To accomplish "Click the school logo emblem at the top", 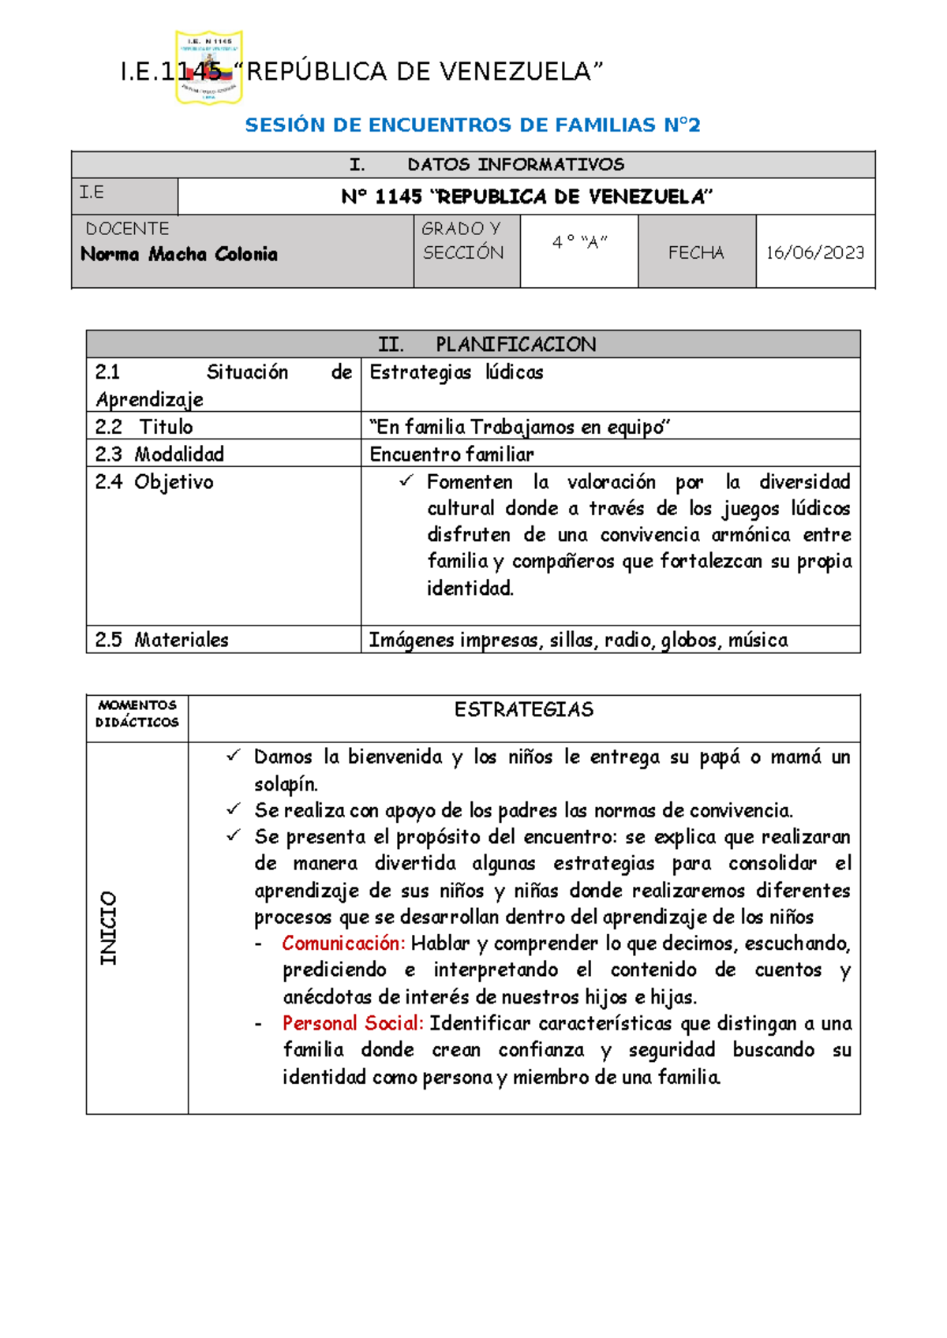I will coord(208,67).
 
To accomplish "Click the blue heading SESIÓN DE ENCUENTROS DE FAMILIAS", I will coord(472,125).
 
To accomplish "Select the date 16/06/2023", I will coord(814,252).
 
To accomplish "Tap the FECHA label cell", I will coord(696,252).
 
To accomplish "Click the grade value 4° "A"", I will coord(579,242).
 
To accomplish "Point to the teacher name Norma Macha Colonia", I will coord(179,254).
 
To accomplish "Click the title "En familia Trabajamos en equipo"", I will coord(520,427).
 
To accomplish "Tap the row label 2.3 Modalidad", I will coord(160,454).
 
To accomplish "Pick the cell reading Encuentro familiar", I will coord(451,454).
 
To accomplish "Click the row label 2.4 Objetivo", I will coord(155,482).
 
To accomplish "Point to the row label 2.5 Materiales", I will coord(162,640).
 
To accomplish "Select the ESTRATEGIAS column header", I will coord(523,710).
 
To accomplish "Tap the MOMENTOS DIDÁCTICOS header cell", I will coord(137,714).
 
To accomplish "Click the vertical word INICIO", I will coord(108,928).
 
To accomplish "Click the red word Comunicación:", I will coord(343,944).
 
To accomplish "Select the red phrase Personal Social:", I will coord(353,1023).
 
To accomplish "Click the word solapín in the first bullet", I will coord(286,784).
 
